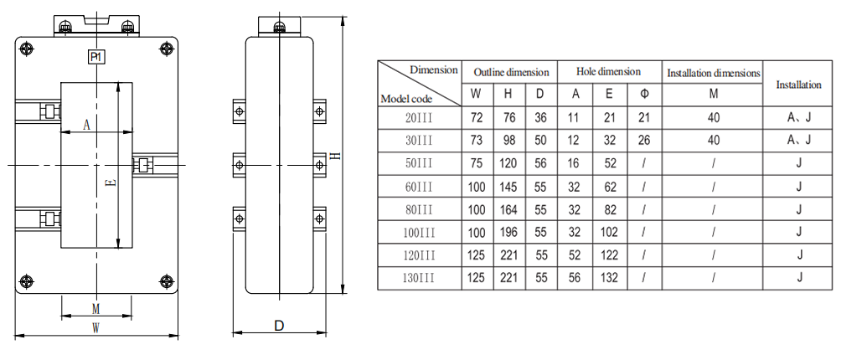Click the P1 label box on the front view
click(96, 57)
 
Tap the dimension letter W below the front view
click(95, 328)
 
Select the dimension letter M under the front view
click(95, 307)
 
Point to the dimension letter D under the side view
click(279, 325)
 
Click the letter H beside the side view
click(335, 156)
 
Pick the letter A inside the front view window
click(87, 125)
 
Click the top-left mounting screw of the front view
click(27, 49)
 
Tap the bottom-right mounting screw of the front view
click(166, 281)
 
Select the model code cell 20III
click(420, 118)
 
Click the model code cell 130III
click(420, 278)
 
